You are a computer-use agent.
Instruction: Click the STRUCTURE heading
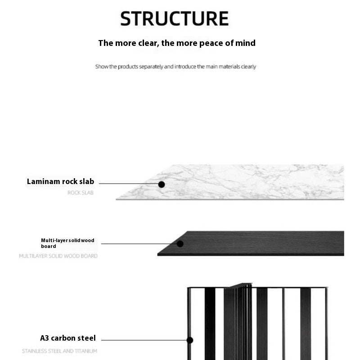[x=175, y=18]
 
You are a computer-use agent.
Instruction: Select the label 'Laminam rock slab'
[x=60, y=182]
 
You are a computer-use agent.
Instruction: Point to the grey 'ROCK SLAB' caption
[x=81, y=193]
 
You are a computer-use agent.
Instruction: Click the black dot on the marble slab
[x=162, y=184]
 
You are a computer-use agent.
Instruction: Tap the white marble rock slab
[x=252, y=182]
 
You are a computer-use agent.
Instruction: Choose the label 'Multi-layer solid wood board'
[x=67, y=243]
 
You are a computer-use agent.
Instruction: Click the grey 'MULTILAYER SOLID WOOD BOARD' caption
[x=58, y=256]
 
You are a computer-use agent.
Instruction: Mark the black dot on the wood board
[x=180, y=244]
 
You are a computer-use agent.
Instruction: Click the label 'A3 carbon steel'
[x=68, y=338]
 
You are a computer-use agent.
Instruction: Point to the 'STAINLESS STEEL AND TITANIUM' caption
[x=59, y=351]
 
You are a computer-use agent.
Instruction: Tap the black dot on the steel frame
[x=190, y=340]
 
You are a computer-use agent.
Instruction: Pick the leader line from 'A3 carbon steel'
[x=144, y=340]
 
